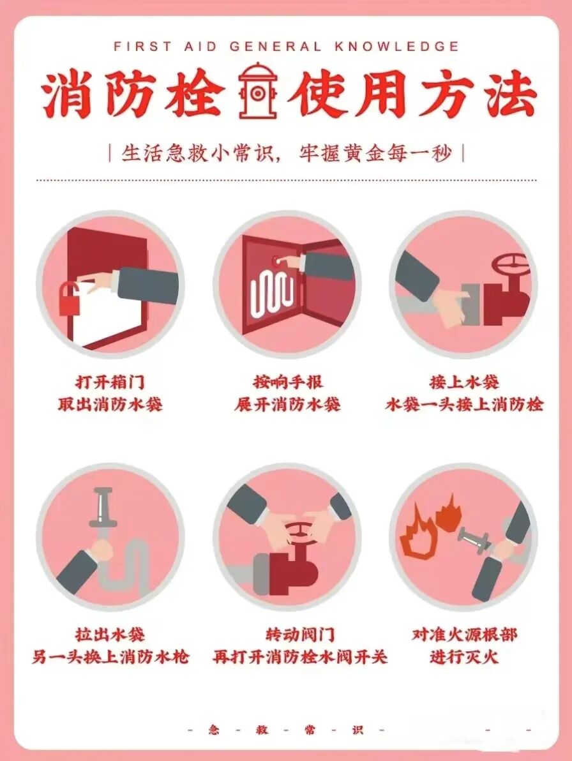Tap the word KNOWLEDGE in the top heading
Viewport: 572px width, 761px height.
coord(397,47)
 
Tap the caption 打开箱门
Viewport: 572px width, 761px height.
coord(110,382)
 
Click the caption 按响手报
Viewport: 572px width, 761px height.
coord(288,382)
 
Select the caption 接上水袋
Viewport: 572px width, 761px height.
coord(464,382)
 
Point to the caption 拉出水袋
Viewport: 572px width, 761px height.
coord(110,635)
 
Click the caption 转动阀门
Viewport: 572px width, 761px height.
coord(300,635)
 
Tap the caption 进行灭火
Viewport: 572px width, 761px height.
coord(464,657)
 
